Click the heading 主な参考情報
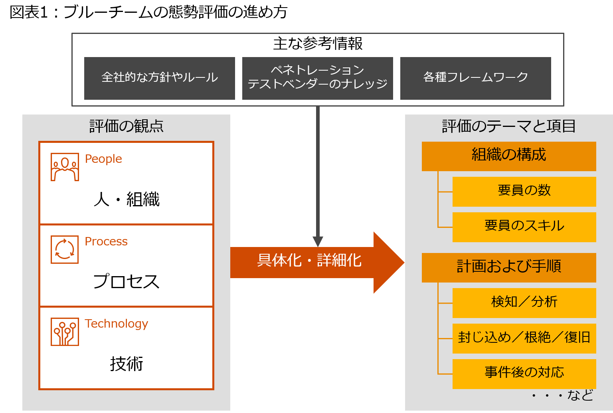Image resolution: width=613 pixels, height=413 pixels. [318, 43]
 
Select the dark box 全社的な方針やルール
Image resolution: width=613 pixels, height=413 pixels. [159, 78]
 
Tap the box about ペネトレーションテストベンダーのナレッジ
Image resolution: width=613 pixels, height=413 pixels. [317, 78]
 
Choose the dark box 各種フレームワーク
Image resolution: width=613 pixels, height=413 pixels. [475, 78]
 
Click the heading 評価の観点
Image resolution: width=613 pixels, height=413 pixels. [126, 126]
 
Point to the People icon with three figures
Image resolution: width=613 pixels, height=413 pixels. [65, 167]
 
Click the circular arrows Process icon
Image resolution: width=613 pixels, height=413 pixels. [65, 249]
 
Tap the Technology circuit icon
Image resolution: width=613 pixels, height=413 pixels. [65, 332]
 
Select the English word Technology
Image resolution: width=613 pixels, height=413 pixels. [116, 324]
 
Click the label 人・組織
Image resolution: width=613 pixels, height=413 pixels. [127, 199]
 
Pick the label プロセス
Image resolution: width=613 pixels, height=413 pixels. [126, 281]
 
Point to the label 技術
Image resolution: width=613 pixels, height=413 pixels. [126, 364]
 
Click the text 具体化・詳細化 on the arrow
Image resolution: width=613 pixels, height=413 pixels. [309, 261]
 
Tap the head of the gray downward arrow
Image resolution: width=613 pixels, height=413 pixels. [318, 241]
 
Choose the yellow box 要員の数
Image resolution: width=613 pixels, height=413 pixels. [524, 191]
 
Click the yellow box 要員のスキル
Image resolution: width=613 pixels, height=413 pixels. [524, 227]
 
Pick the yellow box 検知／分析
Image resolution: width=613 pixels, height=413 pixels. [524, 302]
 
